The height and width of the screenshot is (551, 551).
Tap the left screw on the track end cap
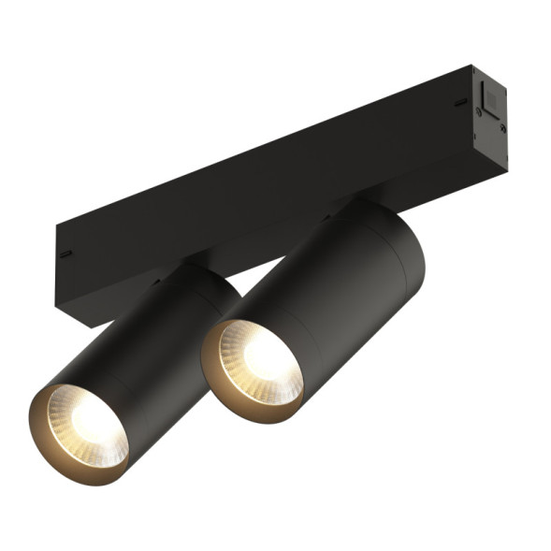(x=478, y=115)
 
